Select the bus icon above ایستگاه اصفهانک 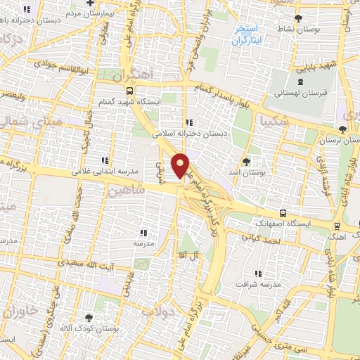pyautogui.click(x=283, y=213)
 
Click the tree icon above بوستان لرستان pyautogui.click(x=342, y=129)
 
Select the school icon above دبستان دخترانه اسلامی pyautogui.click(x=188, y=124)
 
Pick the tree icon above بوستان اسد pyautogui.click(x=245, y=161)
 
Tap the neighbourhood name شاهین pyautogui.click(x=127, y=190)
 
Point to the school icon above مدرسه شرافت pyautogui.click(x=258, y=274)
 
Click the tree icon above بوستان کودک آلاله pyautogui.click(x=88, y=318)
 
